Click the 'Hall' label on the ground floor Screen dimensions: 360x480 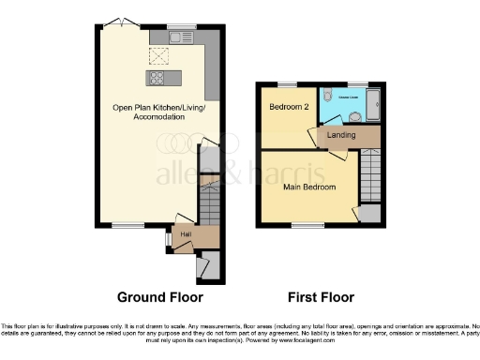[187, 232]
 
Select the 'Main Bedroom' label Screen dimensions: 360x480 [308, 187]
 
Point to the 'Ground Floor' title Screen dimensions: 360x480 [159, 298]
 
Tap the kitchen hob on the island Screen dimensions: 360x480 [159, 79]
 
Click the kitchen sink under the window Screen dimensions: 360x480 [180, 37]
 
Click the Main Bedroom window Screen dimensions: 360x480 [302, 224]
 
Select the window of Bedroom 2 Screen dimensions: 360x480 [284, 84]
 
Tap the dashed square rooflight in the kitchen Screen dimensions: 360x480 [159, 54]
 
